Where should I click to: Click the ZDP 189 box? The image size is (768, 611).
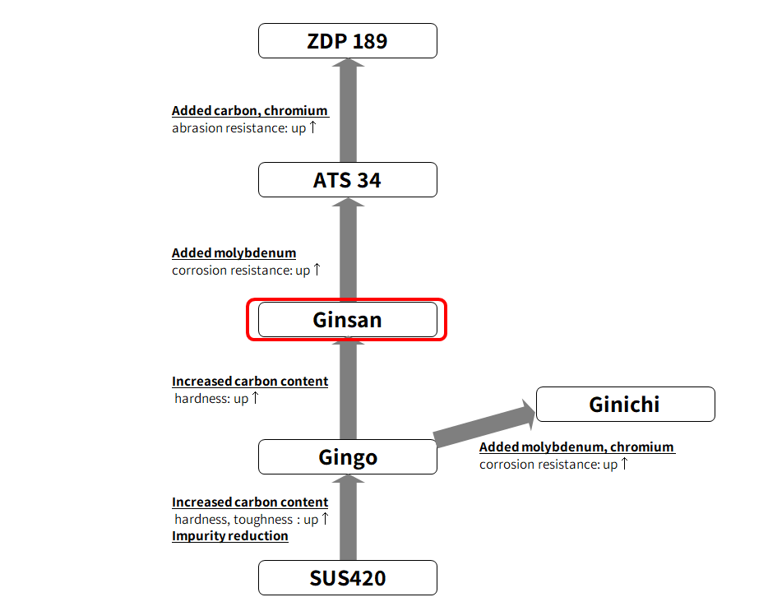(x=347, y=41)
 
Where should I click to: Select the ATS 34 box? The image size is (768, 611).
(x=347, y=180)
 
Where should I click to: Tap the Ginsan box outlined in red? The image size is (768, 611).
(x=347, y=320)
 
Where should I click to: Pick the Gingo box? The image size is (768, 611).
(x=347, y=457)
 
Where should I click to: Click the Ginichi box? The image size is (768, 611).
(x=625, y=405)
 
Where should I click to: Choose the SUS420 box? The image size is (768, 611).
(x=347, y=578)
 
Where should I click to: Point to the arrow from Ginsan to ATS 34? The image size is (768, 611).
(x=349, y=251)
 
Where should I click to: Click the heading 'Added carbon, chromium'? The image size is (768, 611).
(x=250, y=111)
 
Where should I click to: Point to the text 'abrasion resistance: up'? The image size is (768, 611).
(x=238, y=128)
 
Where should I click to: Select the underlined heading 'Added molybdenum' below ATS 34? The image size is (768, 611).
(x=234, y=253)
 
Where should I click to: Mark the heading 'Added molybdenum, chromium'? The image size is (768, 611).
(x=576, y=447)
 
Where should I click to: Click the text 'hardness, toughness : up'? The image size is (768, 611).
(x=246, y=520)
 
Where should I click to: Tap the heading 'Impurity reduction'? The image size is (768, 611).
(x=230, y=536)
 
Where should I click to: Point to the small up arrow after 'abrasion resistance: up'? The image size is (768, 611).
(x=313, y=127)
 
